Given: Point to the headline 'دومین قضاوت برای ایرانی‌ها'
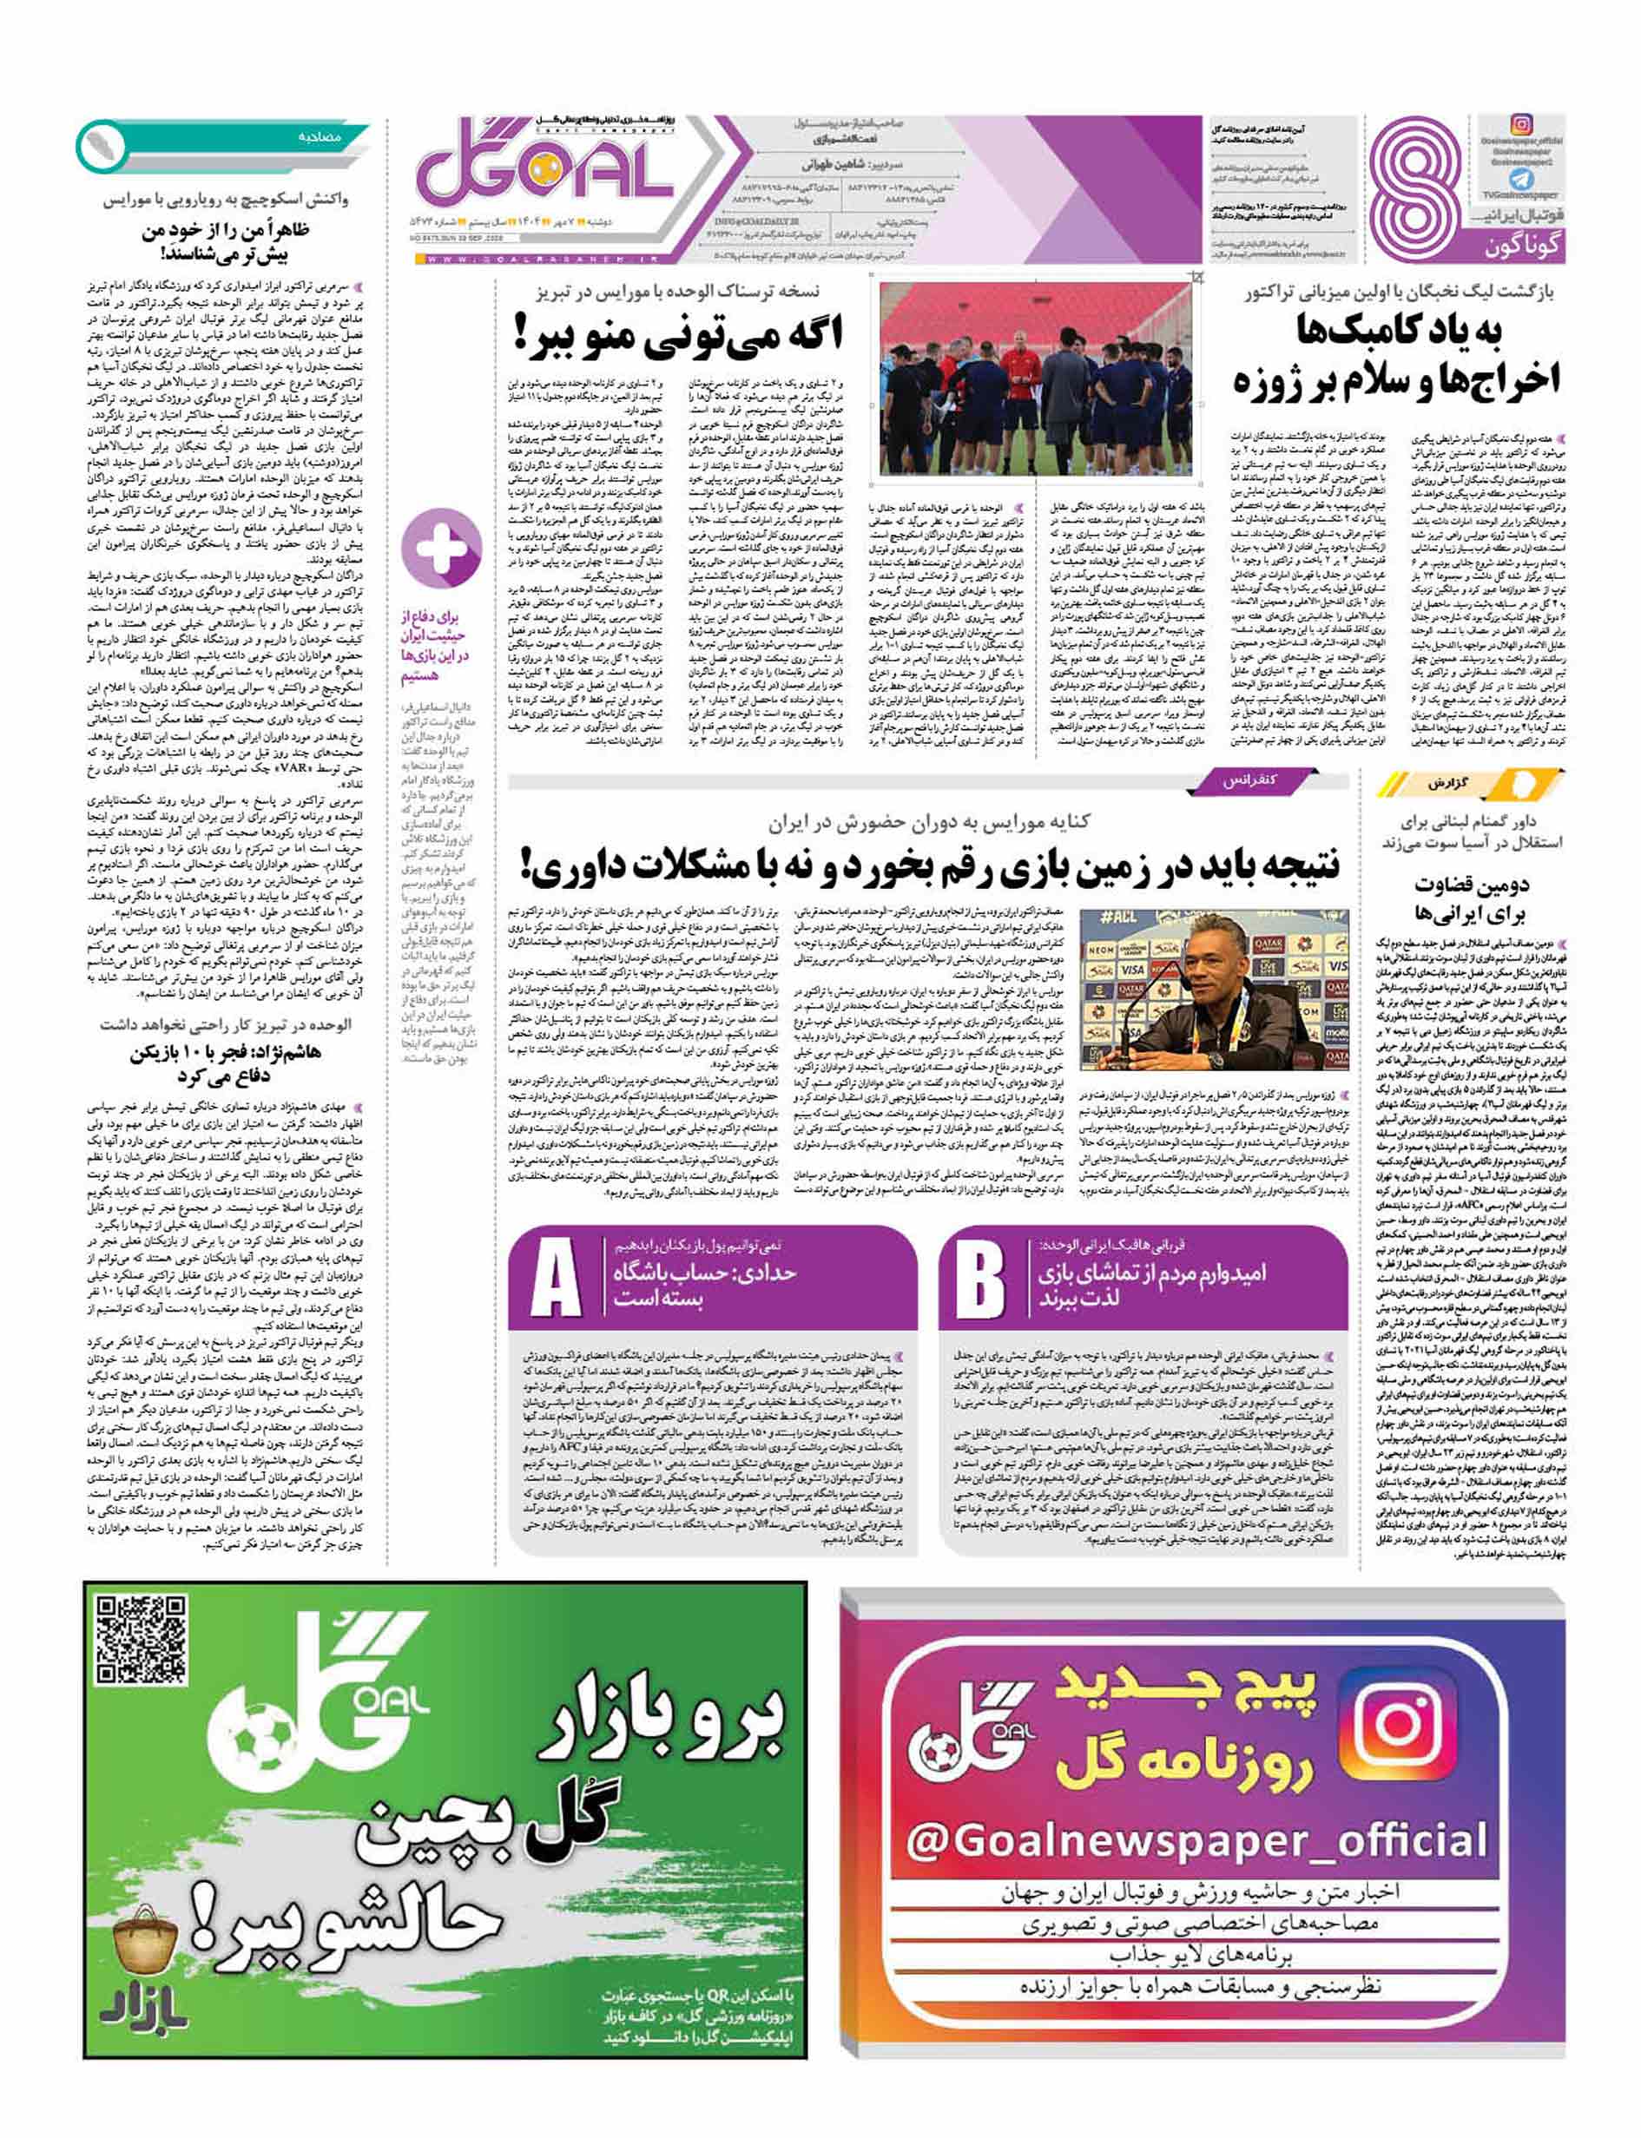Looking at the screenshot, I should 1470,898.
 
